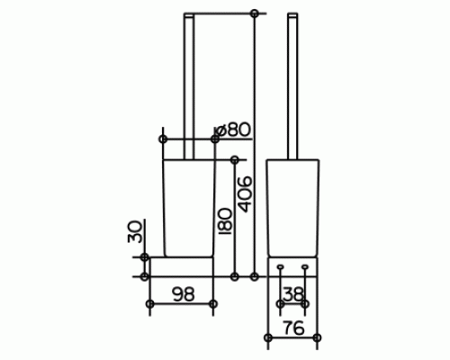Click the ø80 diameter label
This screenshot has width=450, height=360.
coord(233,130)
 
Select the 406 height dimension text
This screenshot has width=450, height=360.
coord(245,194)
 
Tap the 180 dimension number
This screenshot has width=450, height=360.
coord(225,221)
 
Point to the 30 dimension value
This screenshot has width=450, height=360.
coord(134,231)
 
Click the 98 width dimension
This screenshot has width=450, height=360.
coord(184,294)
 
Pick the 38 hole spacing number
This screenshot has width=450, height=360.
coord(293,294)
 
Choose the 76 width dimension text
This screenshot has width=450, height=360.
coord(293,328)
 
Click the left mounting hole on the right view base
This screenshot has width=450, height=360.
coord(281,266)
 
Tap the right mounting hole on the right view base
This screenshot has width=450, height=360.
coord(305,266)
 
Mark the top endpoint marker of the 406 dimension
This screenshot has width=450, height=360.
coord(255,13)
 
